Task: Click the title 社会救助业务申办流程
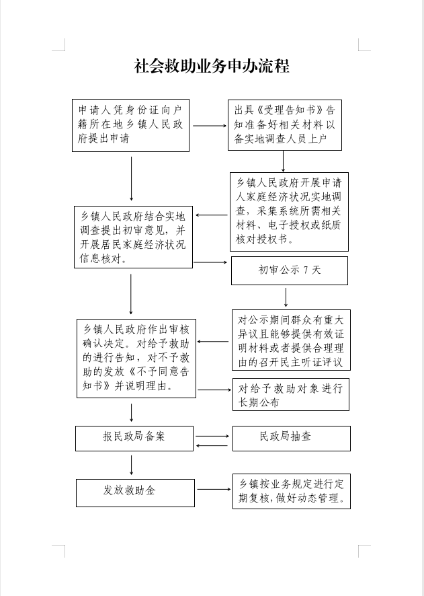(212, 66)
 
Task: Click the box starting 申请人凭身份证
(130, 125)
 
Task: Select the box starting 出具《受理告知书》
(284, 124)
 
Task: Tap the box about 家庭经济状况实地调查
(289, 211)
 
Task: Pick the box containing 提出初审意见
(133, 237)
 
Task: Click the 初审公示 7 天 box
(289, 270)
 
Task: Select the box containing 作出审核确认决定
(136, 358)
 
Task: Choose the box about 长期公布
(291, 395)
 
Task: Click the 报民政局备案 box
(134, 437)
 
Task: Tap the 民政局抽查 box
(291, 437)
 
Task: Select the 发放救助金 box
(134, 492)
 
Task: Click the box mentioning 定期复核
(291, 492)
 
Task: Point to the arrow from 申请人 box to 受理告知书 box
(209, 125)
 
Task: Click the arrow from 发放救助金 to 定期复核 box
(213, 490)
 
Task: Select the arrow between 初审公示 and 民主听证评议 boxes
(286, 297)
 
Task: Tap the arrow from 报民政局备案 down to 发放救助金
(131, 465)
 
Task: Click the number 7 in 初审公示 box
(306, 270)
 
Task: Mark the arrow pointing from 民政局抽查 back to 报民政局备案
(213, 445)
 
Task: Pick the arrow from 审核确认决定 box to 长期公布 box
(214, 389)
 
